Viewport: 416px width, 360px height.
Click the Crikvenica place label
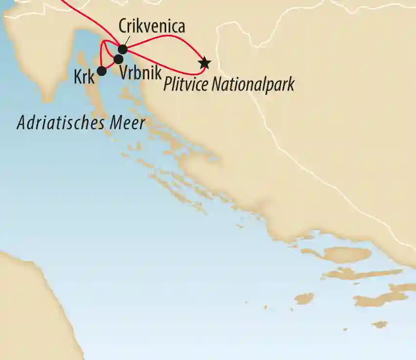[x=152, y=27]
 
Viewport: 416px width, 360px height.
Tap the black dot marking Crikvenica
[x=123, y=49]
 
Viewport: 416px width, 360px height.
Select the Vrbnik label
[x=140, y=73]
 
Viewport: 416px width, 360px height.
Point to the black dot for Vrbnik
[x=118, y=60]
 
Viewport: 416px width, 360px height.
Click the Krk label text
[x=84, y=76]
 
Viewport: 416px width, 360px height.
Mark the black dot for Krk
[x=102, y=71]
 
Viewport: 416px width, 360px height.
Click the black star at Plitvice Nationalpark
[x=204, y=63]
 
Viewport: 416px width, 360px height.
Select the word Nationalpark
[x=253, y=85]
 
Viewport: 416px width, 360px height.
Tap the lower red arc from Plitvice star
[x=166, y=65]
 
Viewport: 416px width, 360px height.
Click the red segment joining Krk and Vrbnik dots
[x=109, y=66]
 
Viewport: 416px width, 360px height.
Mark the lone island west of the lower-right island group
[x=304, y=298]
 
